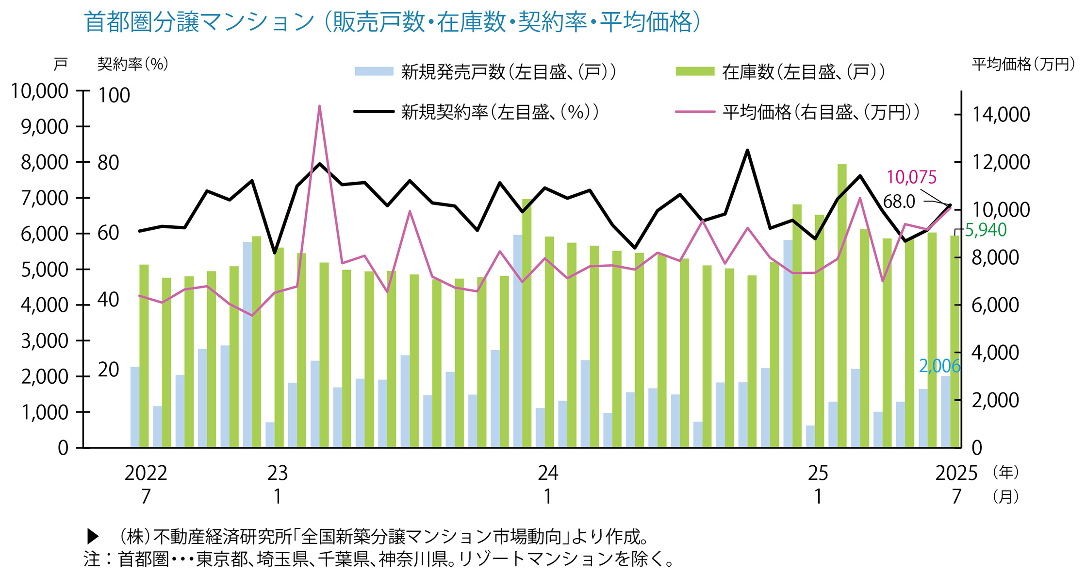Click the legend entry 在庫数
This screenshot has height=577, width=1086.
[x=803, y=72]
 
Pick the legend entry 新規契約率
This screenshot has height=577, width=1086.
[x=500, y=112]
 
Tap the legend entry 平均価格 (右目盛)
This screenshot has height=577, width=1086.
[x=821, y=112]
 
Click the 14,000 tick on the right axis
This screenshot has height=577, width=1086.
[x=1000, y=115]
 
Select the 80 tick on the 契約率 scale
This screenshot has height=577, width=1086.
[x=108, y=163]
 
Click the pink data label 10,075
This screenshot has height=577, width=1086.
[x=911, y=177]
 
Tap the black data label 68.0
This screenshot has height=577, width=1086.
[x=899, y=202]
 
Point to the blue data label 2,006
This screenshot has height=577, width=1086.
[x=939, y=366]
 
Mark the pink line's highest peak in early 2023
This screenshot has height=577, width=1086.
[x=319, y=106]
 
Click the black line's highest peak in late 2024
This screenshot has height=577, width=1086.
[x=747, y=151]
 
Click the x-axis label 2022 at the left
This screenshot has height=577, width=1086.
[x=146, y=473]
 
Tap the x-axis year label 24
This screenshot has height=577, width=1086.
[x=547, y=473]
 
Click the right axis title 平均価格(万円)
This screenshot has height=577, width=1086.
[x=1023, y=64]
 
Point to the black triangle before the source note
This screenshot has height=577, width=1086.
[x=92, y=537]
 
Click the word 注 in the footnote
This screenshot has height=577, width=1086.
[x=92, y=559]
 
